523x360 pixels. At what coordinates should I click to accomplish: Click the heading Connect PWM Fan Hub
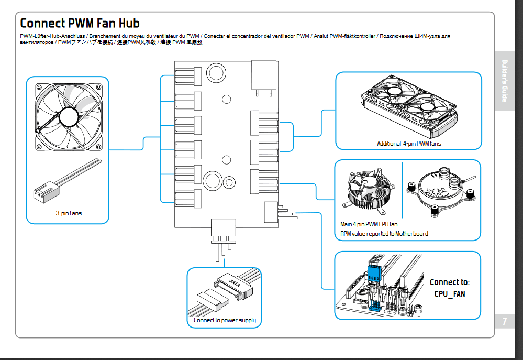80,23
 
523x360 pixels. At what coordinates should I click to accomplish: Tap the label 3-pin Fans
69,213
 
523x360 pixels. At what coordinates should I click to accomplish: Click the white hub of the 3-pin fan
69,116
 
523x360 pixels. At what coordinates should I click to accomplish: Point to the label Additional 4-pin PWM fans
409,144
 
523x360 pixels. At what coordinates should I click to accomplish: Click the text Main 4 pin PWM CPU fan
369,224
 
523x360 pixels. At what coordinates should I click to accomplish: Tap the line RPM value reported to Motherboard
384,234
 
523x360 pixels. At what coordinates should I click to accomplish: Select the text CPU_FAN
449,294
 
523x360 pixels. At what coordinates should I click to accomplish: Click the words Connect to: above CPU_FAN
449,282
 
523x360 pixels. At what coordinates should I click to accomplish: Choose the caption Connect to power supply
225,320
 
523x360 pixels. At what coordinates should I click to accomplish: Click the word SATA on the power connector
235,283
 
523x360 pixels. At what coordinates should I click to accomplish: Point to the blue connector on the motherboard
374,274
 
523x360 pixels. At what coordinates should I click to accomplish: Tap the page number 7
505,321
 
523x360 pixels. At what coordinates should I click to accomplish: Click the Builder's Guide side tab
505,81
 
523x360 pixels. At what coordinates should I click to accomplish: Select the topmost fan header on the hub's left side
188,77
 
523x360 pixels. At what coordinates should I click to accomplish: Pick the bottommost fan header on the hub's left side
188,199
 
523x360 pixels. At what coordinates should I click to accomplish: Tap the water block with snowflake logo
441,191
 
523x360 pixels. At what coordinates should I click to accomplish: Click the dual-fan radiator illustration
409,106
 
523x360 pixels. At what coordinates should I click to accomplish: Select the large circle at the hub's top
216,73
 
